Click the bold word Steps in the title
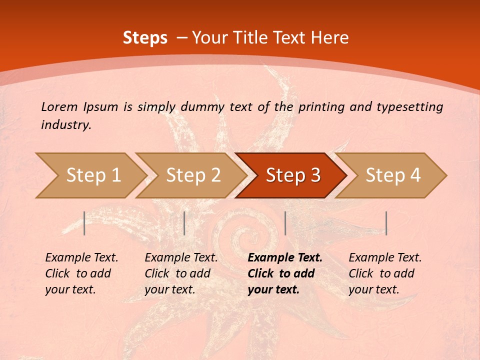pyautogui.click(x=145, y=38)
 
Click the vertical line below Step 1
pyautogui.click(x=84, y=223)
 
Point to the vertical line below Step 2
pyautogui.click(x=184, y=223)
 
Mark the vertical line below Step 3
pyautogui.click(x=285, y=223)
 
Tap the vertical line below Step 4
pyautogui.click(x=386, y=223)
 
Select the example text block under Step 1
pyautogui.click(x=81, y=273)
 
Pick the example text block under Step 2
pyautogui.click(x=181, y=273)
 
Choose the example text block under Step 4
pyautogui.click(x=385, y=273)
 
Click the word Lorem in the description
pyautogui.click(x=59, y=106)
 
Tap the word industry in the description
pyautogui.click(x=66, y=124)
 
